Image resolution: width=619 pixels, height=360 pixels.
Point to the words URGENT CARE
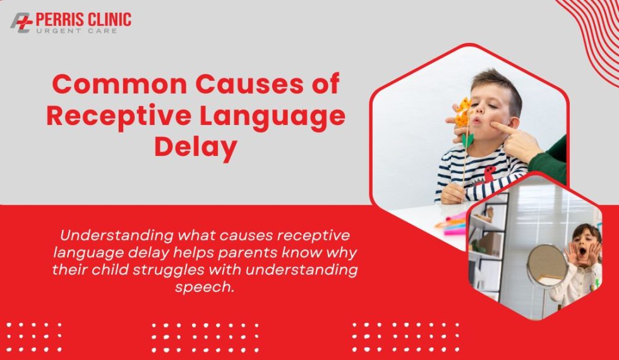[76, 31]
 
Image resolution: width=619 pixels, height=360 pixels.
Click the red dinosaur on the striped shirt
[490, 173]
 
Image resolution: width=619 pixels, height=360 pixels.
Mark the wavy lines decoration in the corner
[591, 28]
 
